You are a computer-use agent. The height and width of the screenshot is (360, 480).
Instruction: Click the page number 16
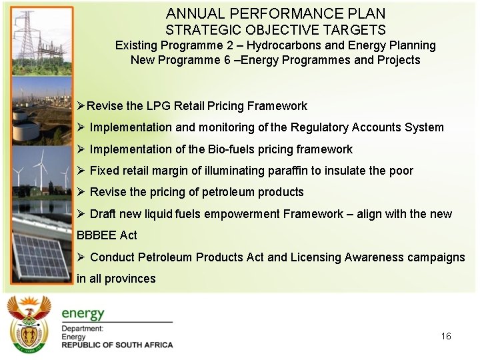click(x=446, y=336)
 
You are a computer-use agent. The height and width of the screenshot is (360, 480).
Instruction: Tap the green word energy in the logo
click(x=83, y=313)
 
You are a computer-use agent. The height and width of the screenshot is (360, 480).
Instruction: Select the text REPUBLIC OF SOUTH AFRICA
click(x=117, y=345)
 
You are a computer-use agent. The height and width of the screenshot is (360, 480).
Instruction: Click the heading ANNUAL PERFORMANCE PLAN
click(x=275, y=13)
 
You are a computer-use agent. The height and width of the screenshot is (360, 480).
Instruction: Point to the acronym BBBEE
click(x=98, y=235)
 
